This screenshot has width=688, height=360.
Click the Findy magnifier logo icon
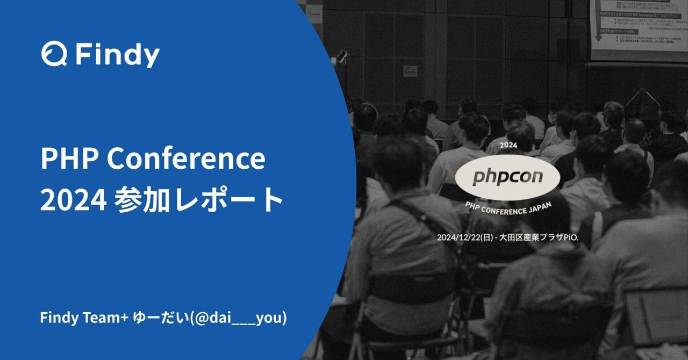click(54, 55)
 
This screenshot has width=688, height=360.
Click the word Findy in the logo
click(117, 55)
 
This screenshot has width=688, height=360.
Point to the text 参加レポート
click(198, 200)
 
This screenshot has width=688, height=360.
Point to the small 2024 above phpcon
click(508, 146)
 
